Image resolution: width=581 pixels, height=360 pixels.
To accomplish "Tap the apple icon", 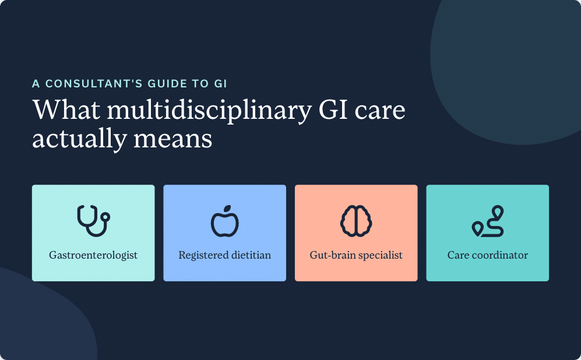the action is pyautogui.click(x=224, y=221).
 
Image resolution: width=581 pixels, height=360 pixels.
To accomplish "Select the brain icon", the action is pyautogui.click(x=356, y=221).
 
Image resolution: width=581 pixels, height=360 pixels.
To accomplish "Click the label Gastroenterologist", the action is pyautogui.click(x=93, y=255).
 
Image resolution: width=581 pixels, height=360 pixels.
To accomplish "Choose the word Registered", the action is pyautogui.click(x=203, y=255).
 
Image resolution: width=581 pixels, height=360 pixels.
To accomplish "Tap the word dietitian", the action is pyautogui.click(x=251, y=255).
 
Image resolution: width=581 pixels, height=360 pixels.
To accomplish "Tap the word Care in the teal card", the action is pyautogui.click(x=458, y=255).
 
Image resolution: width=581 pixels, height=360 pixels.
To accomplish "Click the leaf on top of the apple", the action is pyautogui.click(x=227, y=209).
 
